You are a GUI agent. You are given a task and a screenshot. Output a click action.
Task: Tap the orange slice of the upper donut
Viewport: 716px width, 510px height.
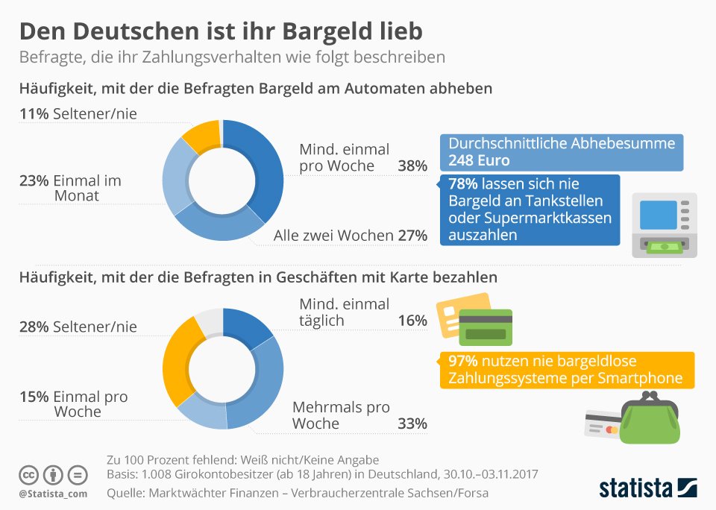click(x=201, y=136)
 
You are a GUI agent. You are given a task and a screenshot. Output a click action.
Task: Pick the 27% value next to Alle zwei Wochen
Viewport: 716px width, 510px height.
click(x=412, y=236)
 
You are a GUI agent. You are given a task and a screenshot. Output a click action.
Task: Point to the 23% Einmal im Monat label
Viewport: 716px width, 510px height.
click(x=70, y=188)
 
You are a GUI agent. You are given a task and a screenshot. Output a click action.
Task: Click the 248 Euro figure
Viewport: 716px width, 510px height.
click(x=479, y=160)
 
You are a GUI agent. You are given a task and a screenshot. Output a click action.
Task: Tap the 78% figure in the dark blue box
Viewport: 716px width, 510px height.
click(x=463, y=183)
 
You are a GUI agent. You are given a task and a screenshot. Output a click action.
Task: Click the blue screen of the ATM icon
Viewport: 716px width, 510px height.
click(x=658, y=215)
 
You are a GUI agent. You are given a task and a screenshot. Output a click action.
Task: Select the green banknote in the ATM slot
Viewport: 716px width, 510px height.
click(x=665, y=247)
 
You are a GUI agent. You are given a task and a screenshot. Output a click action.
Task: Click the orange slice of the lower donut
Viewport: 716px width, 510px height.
click(x=180, y=361)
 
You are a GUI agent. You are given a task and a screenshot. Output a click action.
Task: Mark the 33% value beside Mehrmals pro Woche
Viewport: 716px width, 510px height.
click(x=412, y=424)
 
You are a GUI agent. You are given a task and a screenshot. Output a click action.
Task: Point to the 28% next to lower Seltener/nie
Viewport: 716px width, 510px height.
click(x=34, y=327)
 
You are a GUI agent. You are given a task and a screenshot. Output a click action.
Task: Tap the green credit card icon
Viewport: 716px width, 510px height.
click(x=486, y=327)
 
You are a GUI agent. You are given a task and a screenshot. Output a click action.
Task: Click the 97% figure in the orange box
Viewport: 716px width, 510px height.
click(x=463, y=361)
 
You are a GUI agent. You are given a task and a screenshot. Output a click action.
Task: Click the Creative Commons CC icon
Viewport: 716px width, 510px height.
click(x=28, y=475)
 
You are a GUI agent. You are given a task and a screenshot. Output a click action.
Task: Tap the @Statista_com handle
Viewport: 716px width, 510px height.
click(x=53, y=494)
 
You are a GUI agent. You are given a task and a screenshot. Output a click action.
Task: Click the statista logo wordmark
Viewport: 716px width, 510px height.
click(x=635, y=488)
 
